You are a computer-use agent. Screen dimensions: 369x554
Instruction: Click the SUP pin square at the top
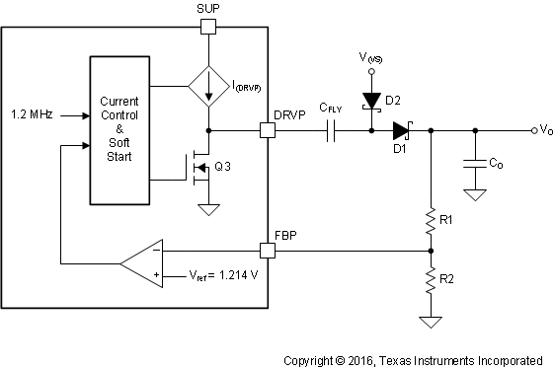pyautogui.click(x=208, y=25)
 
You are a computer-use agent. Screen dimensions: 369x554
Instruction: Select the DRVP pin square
pyautogui.click(x=267, y=129)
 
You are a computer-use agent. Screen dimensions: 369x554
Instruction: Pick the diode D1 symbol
pyautogui.click(x=400, y=129)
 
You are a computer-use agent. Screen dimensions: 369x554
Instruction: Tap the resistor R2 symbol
pyautogui.click(x=431, y=281)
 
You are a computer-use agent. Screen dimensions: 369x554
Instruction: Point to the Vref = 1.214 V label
pyautogui.click(x=210, y=276)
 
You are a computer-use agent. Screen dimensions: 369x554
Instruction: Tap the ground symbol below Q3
pyautogui.click(x=208, y=209)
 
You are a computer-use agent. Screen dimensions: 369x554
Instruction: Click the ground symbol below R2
pyautogui.click(x=431, y=322)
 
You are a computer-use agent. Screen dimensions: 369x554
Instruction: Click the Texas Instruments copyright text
pyautogui.click(x=413, y=360)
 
